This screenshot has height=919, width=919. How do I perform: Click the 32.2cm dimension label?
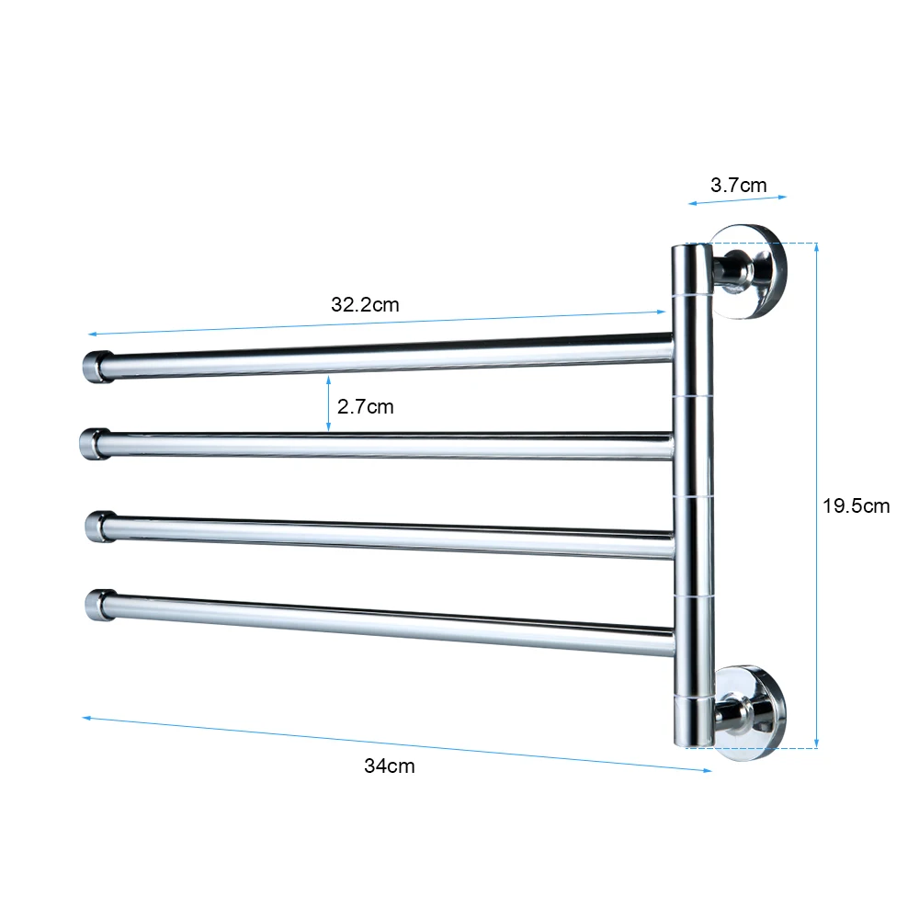(x=365, y=305)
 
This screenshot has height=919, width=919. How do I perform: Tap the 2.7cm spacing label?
(x=365, y=406)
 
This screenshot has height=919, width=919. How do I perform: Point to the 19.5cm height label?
(x=857, y=505)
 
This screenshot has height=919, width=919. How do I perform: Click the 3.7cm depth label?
(x=738, y=185)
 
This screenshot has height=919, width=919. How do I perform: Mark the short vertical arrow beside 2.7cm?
(x=329, y=403)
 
